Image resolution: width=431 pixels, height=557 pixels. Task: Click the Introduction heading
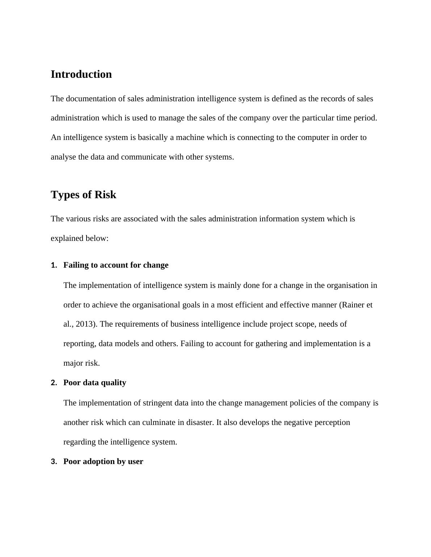81,74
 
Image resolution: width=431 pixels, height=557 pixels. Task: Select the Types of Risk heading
83,195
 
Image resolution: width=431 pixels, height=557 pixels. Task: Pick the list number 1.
54,265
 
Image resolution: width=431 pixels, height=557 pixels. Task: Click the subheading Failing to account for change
116,265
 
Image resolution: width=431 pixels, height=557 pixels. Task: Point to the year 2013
85,324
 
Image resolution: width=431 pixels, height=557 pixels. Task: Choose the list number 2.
54,383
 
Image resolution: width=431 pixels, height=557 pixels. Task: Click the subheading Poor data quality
95,383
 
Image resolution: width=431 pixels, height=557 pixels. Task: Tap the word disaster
199,422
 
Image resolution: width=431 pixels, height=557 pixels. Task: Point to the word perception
332,422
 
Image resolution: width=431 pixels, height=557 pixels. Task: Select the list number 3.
54,462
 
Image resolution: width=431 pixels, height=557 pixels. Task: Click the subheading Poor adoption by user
103,462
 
